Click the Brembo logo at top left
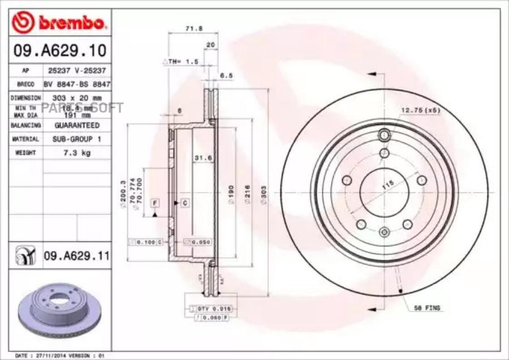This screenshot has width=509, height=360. [59, 23]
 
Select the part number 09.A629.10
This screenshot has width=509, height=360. [59, 51]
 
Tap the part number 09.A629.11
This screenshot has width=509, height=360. [76, 256]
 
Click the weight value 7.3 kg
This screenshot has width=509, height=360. [77, 153]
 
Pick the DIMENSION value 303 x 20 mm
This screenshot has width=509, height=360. [77, 98]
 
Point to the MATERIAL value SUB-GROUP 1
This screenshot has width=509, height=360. [77, 138]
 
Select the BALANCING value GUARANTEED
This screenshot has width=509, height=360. [77, 125]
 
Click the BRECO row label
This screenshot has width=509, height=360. [25, 84]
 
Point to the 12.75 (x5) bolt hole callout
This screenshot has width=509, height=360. [420, 110]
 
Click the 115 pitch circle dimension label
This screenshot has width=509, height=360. [387, 184]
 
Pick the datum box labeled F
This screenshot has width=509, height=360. [153, 202]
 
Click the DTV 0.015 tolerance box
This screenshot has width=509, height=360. [206, 308]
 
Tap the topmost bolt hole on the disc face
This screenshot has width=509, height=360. [385, 135]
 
